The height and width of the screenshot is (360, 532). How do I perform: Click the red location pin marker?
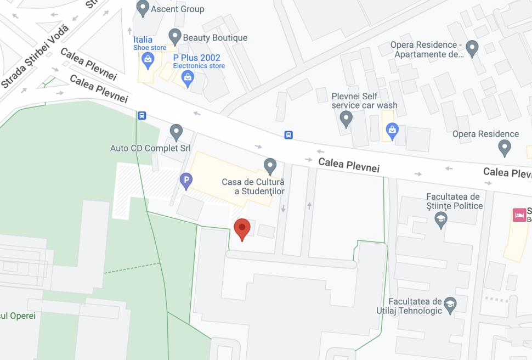tap(242, 228)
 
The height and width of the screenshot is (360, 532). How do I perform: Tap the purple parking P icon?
tap(186, 180)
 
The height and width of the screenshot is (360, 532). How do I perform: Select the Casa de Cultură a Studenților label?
tap(253, 187)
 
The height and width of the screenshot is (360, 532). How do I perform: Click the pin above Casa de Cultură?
tap(270, 165)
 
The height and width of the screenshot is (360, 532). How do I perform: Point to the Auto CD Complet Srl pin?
tap(176, 132)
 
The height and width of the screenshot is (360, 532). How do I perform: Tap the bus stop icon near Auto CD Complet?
tap(142, 115)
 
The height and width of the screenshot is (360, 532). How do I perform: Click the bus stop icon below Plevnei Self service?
tap(288, 135)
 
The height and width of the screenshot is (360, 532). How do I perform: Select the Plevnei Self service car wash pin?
tap(346, 117)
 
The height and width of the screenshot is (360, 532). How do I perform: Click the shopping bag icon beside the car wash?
tap(392, 130)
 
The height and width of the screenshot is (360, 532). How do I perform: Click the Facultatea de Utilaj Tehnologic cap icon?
tap(450, 305)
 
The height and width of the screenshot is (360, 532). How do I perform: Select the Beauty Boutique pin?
tap(175, 37)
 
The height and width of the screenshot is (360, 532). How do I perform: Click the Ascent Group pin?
tap(143, 8)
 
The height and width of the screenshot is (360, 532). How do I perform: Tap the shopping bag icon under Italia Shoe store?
tap(147, 59)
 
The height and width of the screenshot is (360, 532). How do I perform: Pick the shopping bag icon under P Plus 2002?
tap(188, 78)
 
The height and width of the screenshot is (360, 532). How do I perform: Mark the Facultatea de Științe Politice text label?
tap(455, 201)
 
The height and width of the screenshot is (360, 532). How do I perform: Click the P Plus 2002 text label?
tap(196, 58)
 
